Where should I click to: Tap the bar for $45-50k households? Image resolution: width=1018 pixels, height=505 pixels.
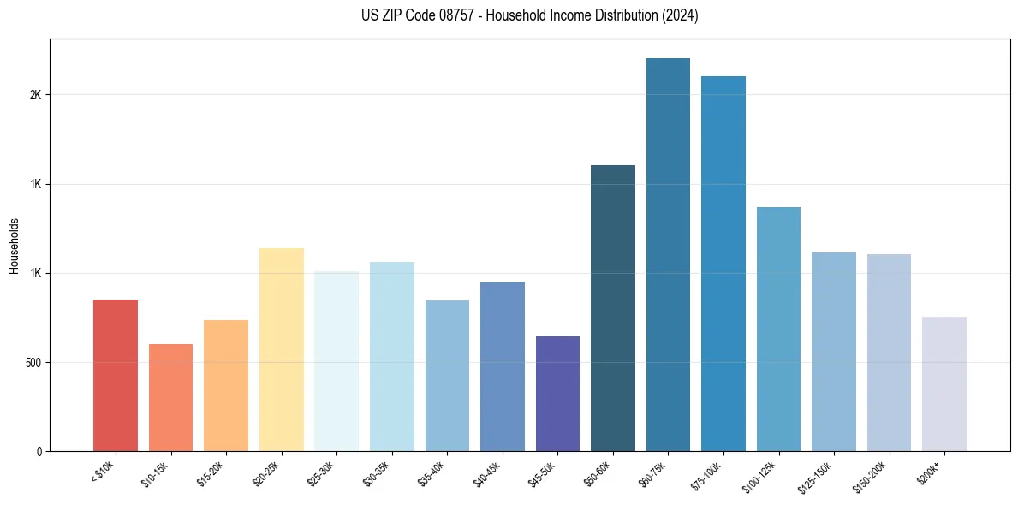pyautogui.click(x=557, y=394)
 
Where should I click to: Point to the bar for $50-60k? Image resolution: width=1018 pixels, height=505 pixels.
pyautogui.click(x=613, y=308)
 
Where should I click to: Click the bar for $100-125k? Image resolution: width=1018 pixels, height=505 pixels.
pyautogui.click(x=778, y=329)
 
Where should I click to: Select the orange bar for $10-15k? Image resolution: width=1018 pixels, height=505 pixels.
pyautogui.click(x=170, y=397)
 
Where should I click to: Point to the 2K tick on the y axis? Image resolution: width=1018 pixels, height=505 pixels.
pyautogui.click(x=35, y=95)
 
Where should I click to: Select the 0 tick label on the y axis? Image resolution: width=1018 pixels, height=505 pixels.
pyautogui.click(x=39, y=452)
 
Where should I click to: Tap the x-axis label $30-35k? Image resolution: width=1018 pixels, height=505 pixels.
pyautogui.click(x=378, y=474)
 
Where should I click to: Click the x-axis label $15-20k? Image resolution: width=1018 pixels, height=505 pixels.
pyautogui.click(x=211, y=474)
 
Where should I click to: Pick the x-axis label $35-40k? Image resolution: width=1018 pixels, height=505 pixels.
pyautogui.click(x=432, y=474)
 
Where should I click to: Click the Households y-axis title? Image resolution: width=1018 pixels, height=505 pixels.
pyautogui.click(x=14, y=246)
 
